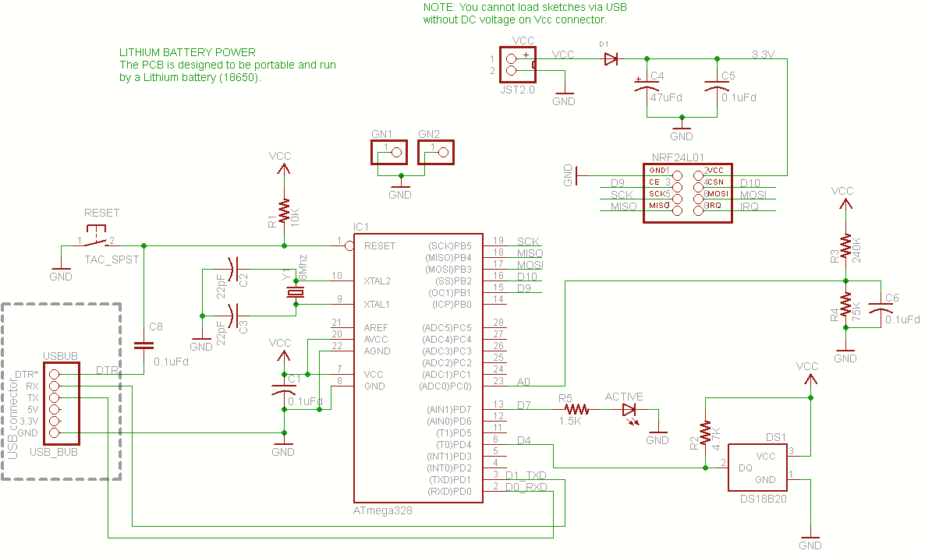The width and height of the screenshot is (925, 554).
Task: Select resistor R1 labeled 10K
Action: coord(284,211)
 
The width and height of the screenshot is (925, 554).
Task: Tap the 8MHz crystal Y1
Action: coord(295,293)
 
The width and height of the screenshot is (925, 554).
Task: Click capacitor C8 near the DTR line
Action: coord(144,344)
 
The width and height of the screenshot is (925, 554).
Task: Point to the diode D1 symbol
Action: coord(611,58)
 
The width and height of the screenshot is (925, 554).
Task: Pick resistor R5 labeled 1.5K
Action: coord(576,409)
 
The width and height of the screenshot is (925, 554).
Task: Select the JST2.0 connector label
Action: coord(518,90)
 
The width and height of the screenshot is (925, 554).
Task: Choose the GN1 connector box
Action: coord(390,152)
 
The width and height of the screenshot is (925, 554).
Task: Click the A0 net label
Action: coord(523,382)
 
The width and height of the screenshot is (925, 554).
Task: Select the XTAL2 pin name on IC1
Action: coord(379,281)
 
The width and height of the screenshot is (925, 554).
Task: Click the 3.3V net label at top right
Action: coord(763,55)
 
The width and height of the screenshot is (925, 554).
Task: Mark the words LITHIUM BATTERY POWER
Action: coord(187,52)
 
